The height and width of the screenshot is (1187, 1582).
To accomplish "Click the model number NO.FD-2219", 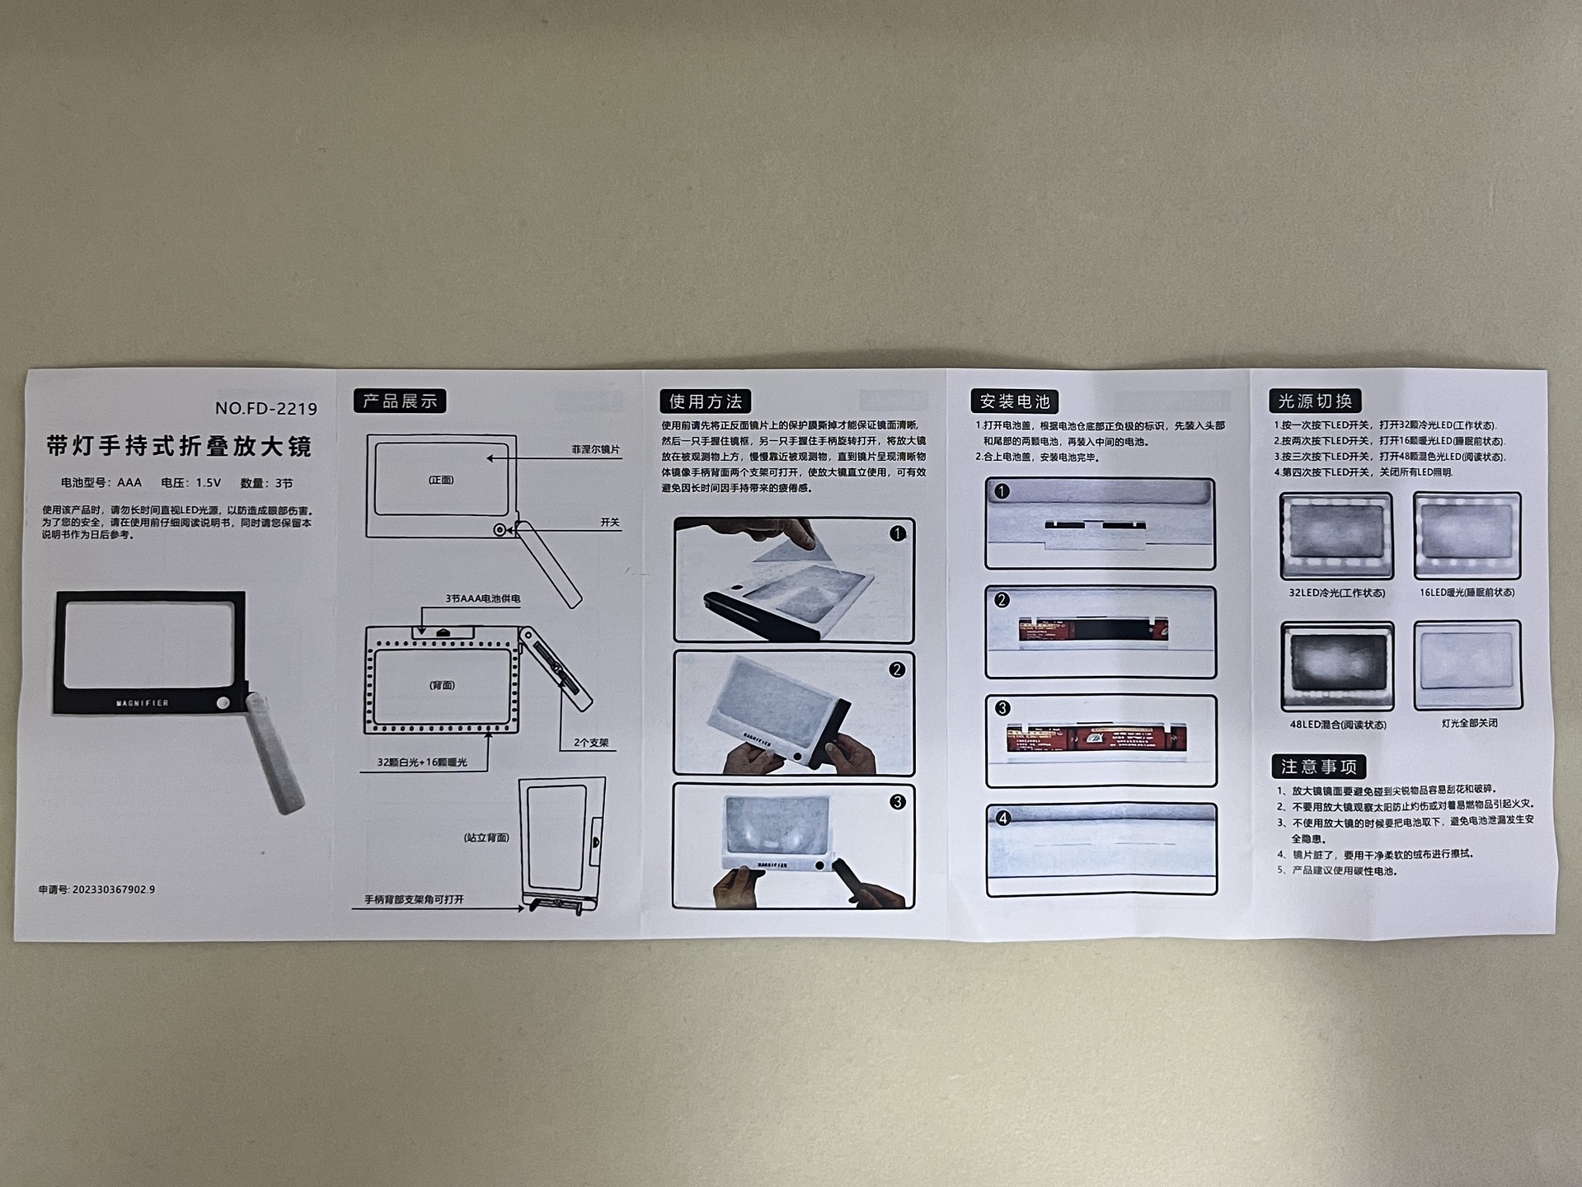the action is (x=265, y=408).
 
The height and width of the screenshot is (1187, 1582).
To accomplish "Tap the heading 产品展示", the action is (x=400, y=401).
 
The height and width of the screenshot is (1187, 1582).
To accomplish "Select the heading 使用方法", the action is (x=706, y=401).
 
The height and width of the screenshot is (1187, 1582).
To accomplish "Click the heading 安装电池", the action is (x=1014, y=401).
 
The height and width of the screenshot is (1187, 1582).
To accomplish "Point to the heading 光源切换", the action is (x=1314, y=401).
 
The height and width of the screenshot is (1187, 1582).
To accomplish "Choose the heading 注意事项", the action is (x=1318, y=767).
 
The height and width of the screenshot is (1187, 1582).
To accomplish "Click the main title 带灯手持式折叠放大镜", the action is (x=179, y=447).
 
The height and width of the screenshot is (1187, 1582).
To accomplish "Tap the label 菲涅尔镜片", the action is (x=595, y=449).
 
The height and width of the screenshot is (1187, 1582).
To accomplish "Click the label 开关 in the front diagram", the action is (x=609, y=523).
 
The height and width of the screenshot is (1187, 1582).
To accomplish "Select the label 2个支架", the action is (x=591, y=743).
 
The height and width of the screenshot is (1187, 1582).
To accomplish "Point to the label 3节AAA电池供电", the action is (x=482, y=598).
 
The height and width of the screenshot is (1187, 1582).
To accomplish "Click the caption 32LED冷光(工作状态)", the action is (x=1336, y=593).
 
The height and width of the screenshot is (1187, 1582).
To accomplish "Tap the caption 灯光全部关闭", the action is (x=1469, y=723).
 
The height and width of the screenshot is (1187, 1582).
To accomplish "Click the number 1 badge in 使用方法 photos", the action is (x=898, y=534).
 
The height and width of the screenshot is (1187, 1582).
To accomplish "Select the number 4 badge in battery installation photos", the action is (x=1002, y=819).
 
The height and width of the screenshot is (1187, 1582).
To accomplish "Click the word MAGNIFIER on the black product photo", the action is (x=143, y=703).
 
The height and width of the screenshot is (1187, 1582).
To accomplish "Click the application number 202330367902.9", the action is (x=96, y=889).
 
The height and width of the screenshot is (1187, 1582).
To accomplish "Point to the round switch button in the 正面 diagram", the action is (x=500, y=530).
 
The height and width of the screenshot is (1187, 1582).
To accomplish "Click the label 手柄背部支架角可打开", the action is (x=414, y=899).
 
